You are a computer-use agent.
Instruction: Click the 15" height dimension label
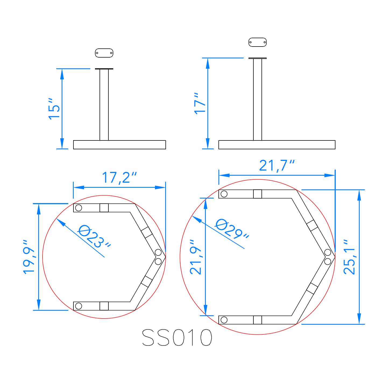54,109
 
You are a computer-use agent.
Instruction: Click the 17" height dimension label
200,104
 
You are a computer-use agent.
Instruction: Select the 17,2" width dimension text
119,178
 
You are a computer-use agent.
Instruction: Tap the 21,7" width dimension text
277,165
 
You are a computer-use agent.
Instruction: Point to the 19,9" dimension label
29,257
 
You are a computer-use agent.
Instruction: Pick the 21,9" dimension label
196,257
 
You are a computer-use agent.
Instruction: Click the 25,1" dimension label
349,257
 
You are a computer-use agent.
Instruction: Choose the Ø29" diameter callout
232,229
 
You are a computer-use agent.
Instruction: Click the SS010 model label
177,337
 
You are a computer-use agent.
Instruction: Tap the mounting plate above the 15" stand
104,53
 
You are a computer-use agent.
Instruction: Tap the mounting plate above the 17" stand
257,42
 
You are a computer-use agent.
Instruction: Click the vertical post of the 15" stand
104,105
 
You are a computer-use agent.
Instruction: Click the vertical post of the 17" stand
257,100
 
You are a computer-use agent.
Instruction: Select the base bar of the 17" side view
277,145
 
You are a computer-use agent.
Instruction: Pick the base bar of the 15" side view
119,145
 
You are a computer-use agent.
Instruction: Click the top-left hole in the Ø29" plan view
224,194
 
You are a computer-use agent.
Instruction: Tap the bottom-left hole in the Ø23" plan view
79,306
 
